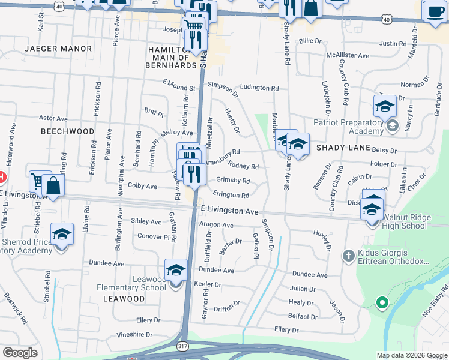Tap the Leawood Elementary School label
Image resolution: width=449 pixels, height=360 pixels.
point(131,283)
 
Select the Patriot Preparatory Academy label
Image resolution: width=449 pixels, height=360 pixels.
point(348,127)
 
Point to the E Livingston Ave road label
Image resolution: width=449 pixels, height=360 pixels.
point(229,211)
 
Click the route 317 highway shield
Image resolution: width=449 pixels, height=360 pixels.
point(183,346)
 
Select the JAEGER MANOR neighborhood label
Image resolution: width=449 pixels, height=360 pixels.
point(58,48)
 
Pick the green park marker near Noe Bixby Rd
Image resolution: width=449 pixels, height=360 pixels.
point(381,302)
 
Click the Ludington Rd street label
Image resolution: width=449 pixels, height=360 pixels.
point(259,88)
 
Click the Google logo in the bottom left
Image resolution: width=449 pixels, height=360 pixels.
point(20,353)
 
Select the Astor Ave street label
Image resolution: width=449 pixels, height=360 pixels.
point(51,118)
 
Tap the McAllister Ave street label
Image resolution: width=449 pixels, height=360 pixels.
point(347,55)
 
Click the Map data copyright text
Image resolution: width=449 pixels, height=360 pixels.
point(412,355)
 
